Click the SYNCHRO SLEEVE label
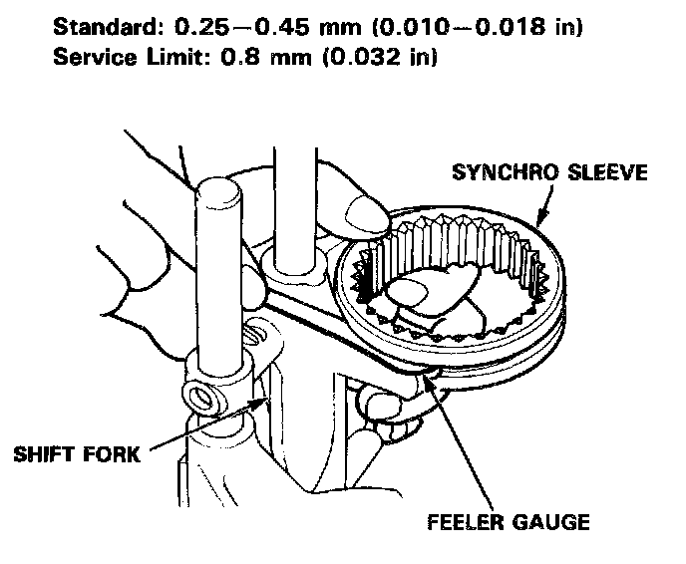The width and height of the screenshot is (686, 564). pos(549,172)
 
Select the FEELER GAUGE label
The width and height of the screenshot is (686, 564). pos(509,521)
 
